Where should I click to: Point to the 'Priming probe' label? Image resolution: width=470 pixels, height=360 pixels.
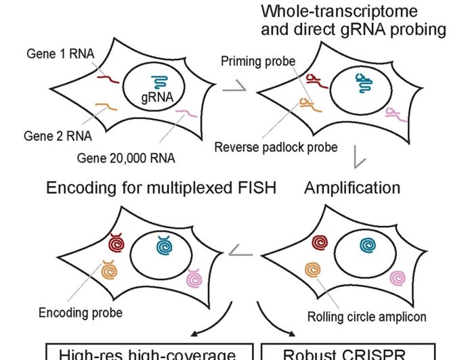tap(258, 62)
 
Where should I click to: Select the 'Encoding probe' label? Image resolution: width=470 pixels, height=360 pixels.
tap(80, 313)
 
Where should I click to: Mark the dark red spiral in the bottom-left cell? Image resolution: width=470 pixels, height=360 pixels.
tap(116, 242)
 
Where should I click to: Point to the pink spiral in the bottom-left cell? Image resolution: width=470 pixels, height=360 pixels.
tap(195, 277)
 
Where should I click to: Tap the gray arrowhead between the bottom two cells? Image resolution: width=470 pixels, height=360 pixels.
tap(238, 252)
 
